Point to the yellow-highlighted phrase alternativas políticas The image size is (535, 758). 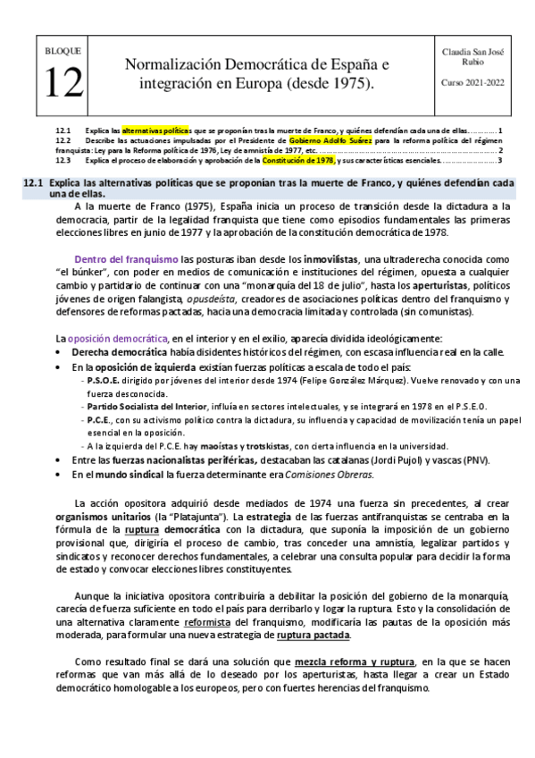(x=156, y=131)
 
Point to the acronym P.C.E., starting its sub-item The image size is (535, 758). (x=100, y=419)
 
